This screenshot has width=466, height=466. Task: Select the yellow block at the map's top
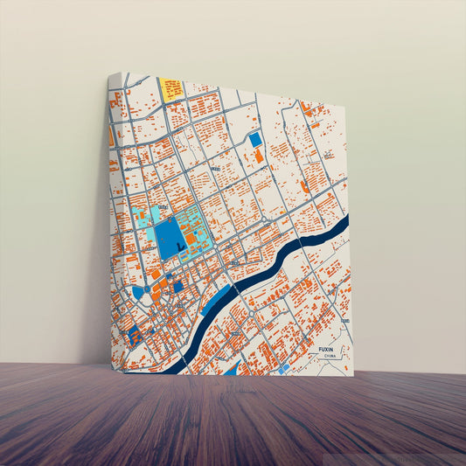(x=171, y=88)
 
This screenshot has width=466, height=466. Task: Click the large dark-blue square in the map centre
(x=170, y=239)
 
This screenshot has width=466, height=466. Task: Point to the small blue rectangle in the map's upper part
(x=255, y=139)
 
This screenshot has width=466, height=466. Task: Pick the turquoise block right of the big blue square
(x=195, y=230)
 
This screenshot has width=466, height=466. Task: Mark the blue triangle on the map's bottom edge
(x=232, y=369)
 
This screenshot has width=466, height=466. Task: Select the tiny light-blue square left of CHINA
(x=284, y=368)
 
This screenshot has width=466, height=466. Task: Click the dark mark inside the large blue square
(x=180, y=248)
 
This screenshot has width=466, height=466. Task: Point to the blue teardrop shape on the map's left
(x=137, y=292)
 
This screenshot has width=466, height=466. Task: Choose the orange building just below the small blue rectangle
(x=259, y=156)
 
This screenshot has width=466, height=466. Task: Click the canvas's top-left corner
(x=110, y=74)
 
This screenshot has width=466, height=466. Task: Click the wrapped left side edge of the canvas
(x=115, y=219)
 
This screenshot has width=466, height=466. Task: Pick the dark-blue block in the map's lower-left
(x=135, y=334)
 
